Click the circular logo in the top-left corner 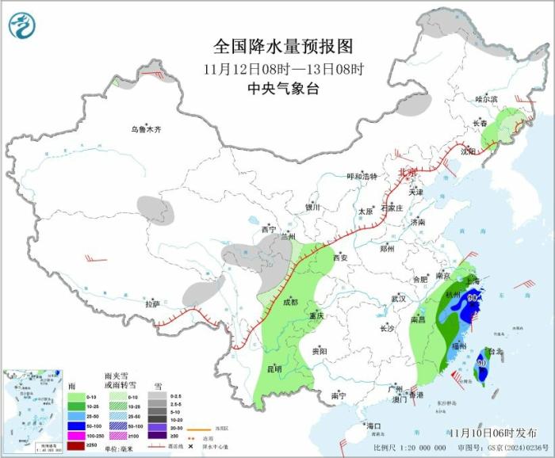coord(22,25)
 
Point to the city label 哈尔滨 coord(485,99)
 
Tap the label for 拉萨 coord(152,303)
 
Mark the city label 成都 coord(289,302)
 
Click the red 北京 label coord(406,172)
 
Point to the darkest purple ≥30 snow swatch coord(157,434)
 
